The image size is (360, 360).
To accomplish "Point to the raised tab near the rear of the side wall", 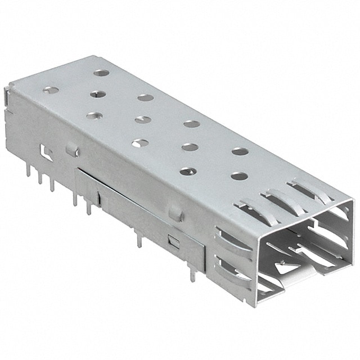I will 71,149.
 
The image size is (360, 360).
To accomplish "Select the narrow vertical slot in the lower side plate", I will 98,197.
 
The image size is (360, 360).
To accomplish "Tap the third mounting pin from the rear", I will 52,183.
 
